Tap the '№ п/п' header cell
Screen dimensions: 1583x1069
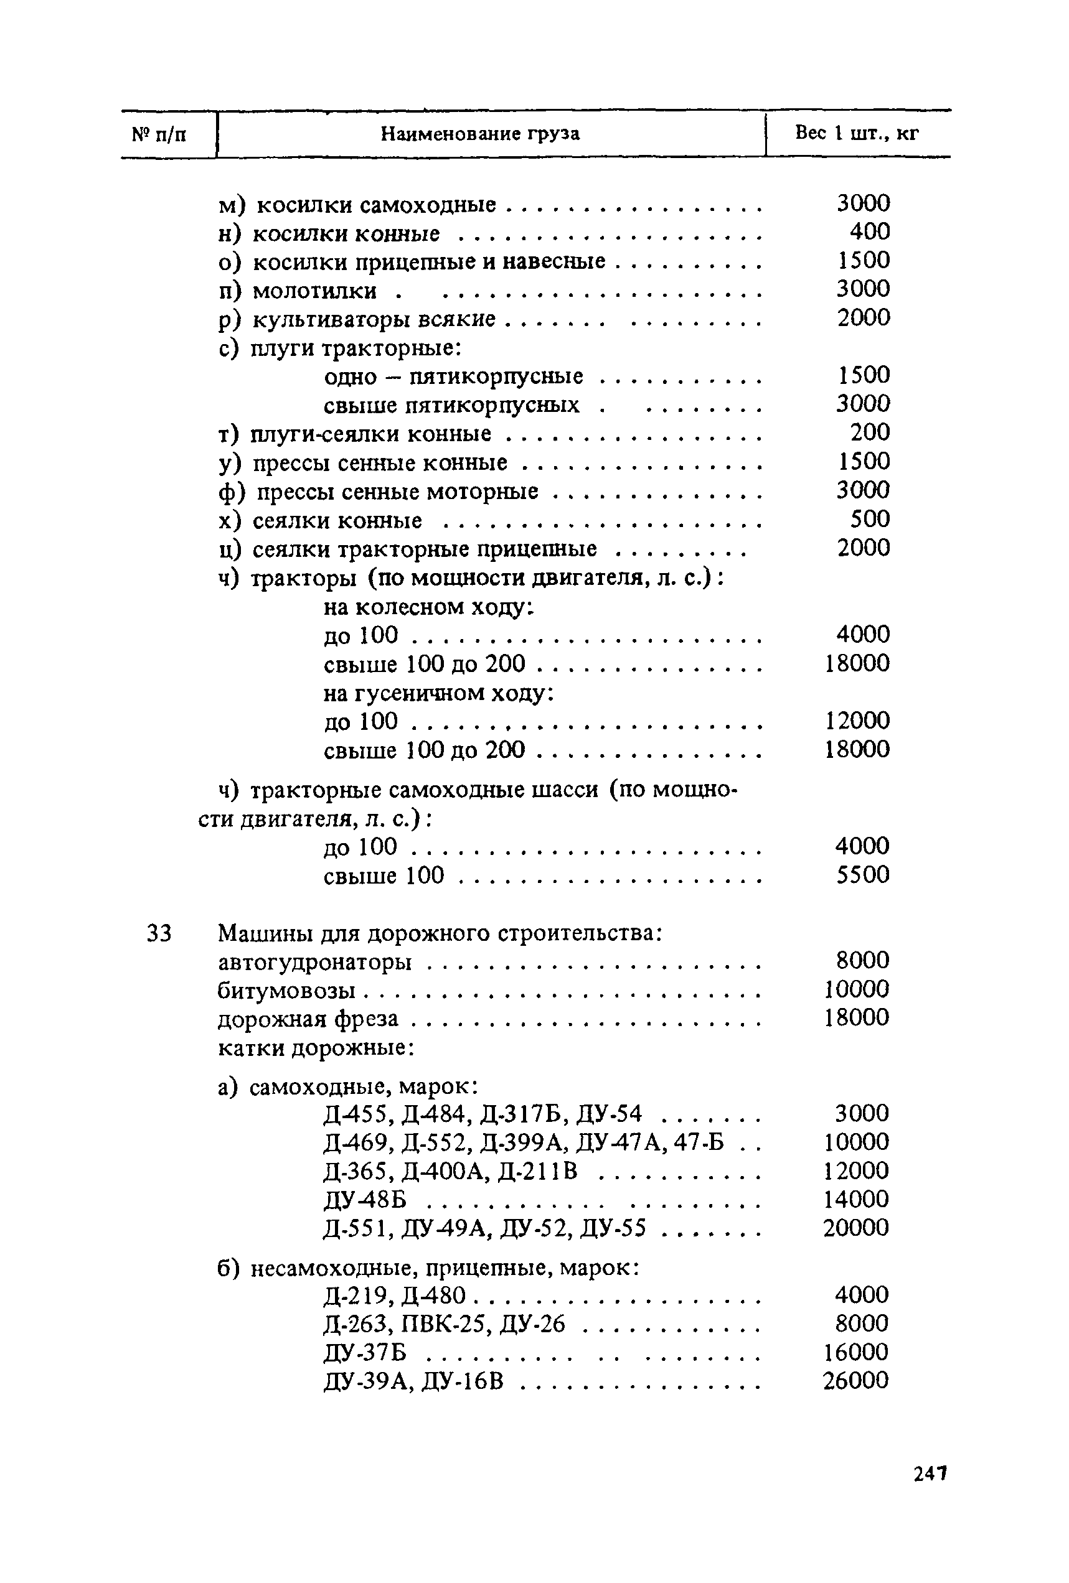coord(159,134)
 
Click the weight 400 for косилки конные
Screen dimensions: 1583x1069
coord(869,232)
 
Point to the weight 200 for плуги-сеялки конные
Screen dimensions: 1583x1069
coord(869,432)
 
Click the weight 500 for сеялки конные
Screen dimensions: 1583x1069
coord(869,519)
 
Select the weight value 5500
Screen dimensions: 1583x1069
coord(862,876)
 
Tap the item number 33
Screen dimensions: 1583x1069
coord(159,933)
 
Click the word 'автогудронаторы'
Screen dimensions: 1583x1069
coord(315,963)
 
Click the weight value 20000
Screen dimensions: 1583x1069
coord(855,1228)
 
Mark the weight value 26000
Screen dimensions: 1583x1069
coord(855,1381)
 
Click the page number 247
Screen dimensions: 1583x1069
coord(930,1474)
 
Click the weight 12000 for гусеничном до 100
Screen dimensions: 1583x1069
coord(857,721)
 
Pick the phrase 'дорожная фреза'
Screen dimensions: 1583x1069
coord(308,1020)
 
